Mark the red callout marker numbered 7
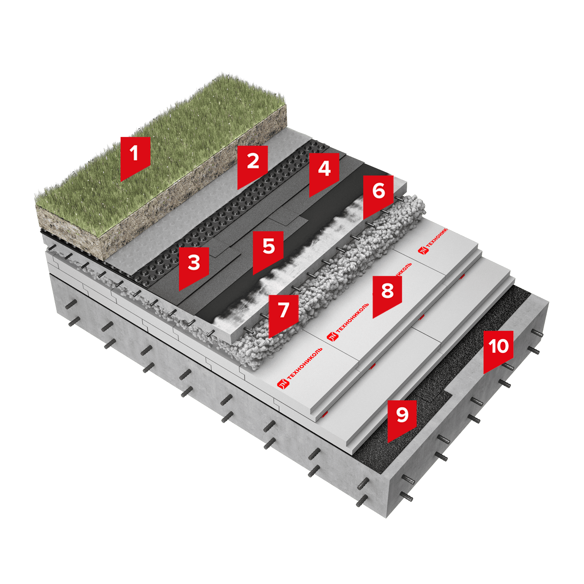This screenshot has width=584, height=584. tap(284, 315)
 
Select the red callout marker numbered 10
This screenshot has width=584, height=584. tap(498, 351)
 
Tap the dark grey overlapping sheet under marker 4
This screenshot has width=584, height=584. tap(272, 218)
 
